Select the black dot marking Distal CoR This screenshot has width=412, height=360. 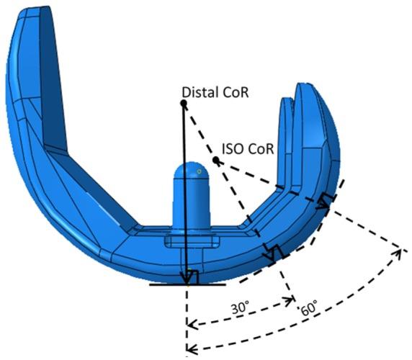click(x=184, y=104)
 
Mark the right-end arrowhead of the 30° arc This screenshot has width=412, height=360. click(x=291, y=300)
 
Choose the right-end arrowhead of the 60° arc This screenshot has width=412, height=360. click(x=400, y=251)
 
